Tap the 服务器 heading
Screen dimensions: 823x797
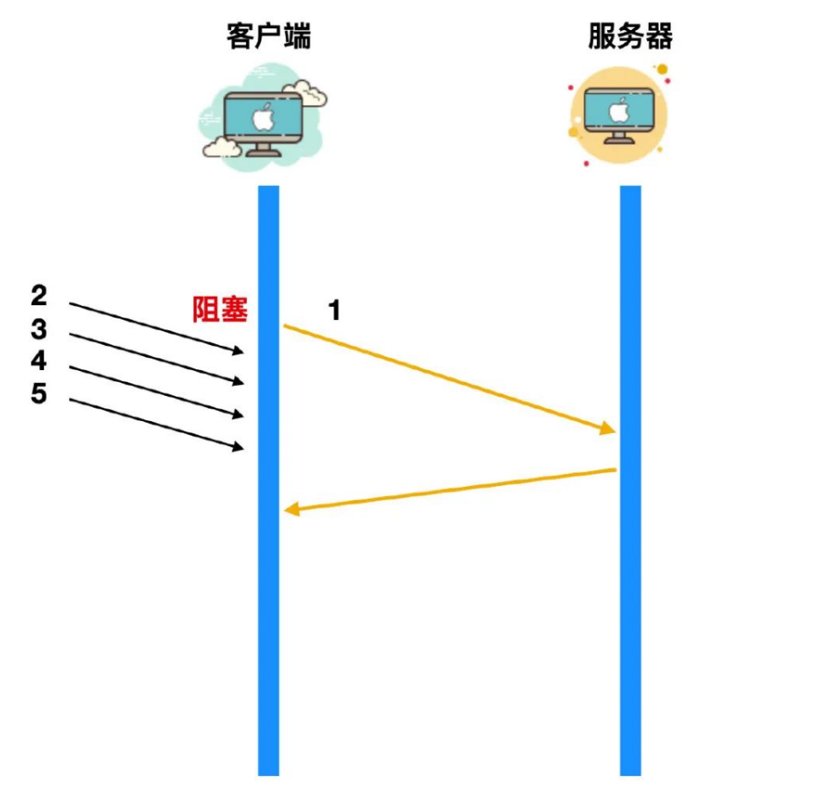point(630,36)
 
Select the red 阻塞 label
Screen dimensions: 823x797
point(220,310)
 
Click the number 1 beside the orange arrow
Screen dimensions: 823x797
point(334,311)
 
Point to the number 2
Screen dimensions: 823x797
point(39,295)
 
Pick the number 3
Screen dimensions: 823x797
point(39,329)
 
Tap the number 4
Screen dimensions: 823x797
point(39,361)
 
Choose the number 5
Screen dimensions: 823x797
point(39,393)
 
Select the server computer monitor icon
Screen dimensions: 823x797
point(619,114)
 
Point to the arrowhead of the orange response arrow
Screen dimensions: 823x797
point(291,509)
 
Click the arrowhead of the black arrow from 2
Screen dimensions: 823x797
point(239,352)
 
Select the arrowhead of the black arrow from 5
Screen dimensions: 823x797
point(239,449)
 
